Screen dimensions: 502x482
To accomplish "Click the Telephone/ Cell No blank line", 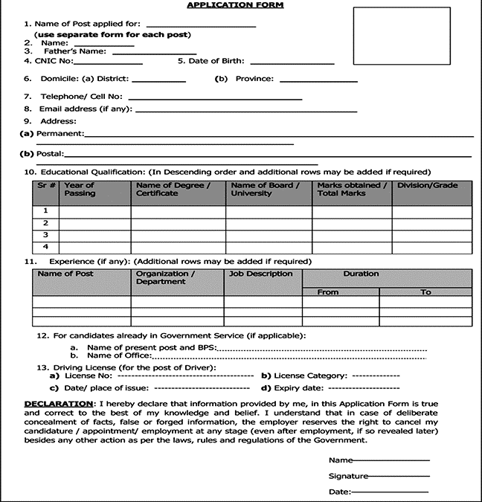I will (x=216, y=99).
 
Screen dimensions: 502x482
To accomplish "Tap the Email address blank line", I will (x=245, y=112).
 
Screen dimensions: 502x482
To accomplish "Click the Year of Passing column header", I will (x=80, y=190).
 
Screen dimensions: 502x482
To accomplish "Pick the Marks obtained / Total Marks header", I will (x=351, y=190).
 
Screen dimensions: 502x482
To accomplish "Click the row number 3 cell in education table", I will (x=46, y=235).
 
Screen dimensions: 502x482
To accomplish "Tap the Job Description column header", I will (x=261, y=274).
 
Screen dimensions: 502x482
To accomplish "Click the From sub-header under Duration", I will (x=328, y=292).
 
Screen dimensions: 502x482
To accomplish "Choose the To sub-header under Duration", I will (x=425, y=292).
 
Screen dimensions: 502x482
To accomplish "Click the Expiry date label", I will (x=294, y=388).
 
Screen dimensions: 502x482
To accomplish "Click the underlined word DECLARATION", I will (x=59, y=402).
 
